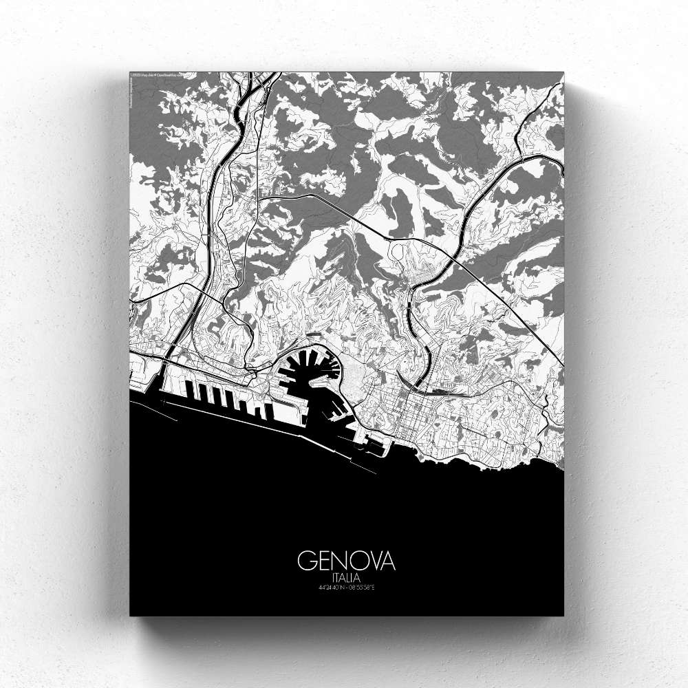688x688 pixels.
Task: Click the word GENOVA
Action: click(346, 561)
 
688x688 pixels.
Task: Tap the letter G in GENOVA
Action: click(305, 561)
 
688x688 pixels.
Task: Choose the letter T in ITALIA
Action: click(337, 577)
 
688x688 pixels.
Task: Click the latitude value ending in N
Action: click(333, 588)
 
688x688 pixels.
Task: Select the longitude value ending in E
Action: click(362, 588)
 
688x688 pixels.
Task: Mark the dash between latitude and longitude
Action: click(347, 588)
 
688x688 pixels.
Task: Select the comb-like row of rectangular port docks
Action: click(220, 399)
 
